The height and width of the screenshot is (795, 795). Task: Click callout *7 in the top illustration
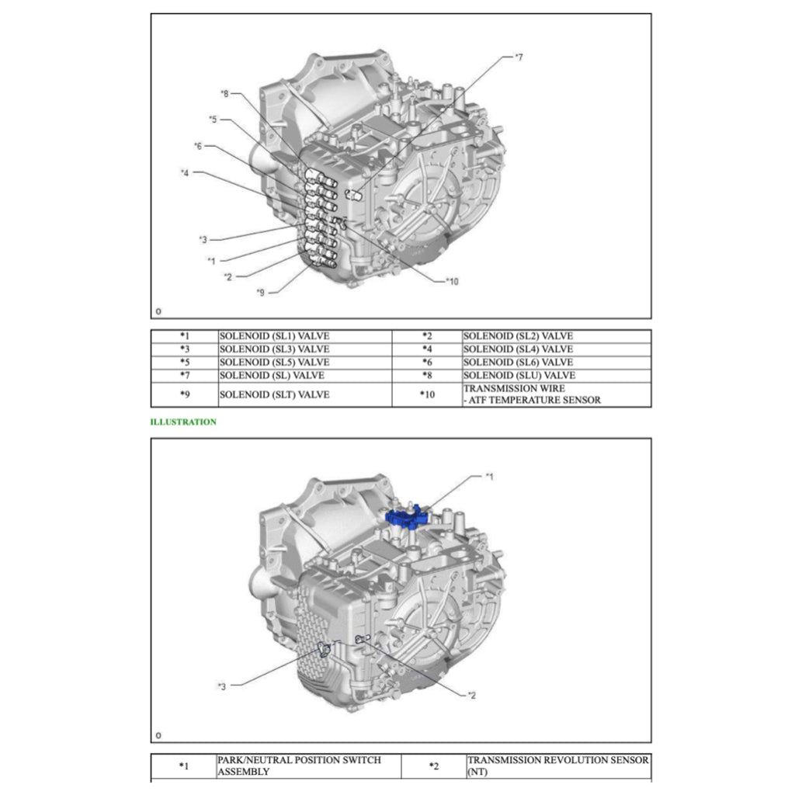coord(519,57)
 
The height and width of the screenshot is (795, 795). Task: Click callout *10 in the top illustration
coord(452,281)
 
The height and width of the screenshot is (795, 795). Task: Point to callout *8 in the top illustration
coord(225,93)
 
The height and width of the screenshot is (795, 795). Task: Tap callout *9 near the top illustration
coord(261,292)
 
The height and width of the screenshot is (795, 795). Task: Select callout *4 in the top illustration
coord(185,172)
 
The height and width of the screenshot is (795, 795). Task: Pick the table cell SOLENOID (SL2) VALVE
coord(518,336)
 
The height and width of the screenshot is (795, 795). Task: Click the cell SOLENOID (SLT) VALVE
coord(274,394)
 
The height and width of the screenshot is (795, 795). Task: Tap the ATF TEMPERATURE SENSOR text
coord(532,400)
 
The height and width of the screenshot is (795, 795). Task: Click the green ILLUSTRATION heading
coord(183,422)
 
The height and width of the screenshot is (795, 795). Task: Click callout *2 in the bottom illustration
coord(472,694)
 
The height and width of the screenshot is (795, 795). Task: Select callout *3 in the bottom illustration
coord(222,686)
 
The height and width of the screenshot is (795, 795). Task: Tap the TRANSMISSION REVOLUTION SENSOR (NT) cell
coord(557,765)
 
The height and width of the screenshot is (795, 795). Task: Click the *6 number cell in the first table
coord(427,363)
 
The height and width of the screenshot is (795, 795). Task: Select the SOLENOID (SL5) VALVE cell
coord(274,363)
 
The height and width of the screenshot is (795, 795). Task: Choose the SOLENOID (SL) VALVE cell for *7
coord(272,376)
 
